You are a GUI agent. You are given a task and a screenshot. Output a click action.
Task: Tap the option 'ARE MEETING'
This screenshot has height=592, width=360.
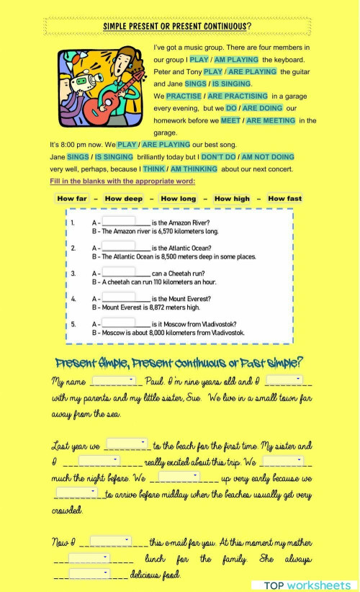pyautogui.click(x=270, y=120)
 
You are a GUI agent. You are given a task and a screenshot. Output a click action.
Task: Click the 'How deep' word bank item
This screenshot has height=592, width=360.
pyautogui.click(x=123, y=199)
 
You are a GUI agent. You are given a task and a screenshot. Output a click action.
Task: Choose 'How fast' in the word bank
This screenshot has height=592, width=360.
pyautogui.click(x=284, y=199)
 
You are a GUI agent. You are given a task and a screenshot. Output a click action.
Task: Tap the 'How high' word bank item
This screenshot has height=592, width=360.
pyautogui.click(x=232, y=199)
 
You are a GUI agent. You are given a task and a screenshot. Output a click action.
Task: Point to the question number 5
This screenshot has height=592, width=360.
pyautogui.click(x=73, y=325)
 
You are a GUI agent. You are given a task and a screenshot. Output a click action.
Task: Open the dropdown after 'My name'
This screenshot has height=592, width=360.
pyautogui.click(x=114, y=380)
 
